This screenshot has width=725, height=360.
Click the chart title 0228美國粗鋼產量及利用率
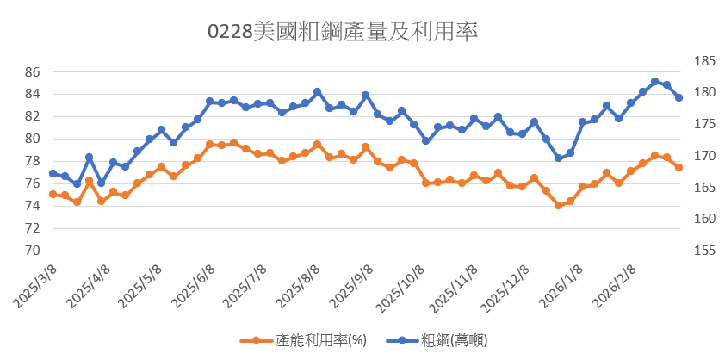pos(343,33)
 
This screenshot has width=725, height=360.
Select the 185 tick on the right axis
pos(703,61)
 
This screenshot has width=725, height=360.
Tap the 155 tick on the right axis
pos(703,251)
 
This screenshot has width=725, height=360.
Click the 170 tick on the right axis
pos(703,156)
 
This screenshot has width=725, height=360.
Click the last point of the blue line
pos(679,98)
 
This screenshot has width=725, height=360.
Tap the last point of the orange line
pos(679,167)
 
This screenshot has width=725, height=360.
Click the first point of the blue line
pos(53,173)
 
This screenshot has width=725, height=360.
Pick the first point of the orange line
pos(53,195)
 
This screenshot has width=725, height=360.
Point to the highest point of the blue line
pos(654,82)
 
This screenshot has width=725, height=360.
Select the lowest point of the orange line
pos(558,205)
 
